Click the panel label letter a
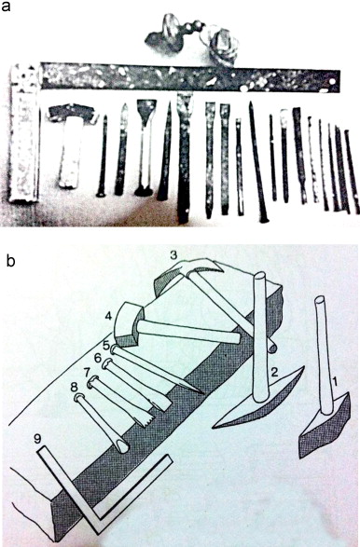click(x=6, y=6)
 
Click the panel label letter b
click(x=10, y=261)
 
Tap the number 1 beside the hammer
click(x=335, y=383)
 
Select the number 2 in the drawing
click(x=274, y=373)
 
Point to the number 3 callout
click(x=173, y=255)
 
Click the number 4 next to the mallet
click(x=108, y=317)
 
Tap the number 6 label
click(x=98, y=358)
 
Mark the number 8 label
click(x=74, y=387)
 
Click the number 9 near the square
click(x=38, y=439)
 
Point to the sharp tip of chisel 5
click(x=203, y=394)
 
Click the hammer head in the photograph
click(x=72, y=113)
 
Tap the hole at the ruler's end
click(x=331, y=82)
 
